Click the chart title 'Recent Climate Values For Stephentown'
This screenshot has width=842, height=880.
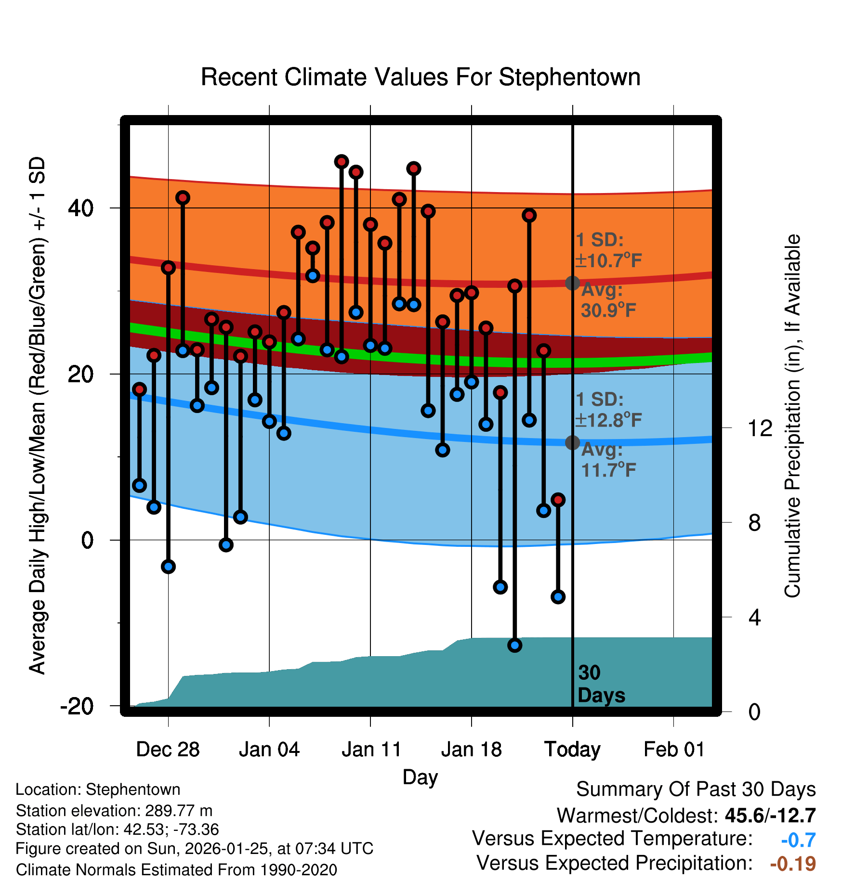pyautogui.click(x=421, y=77)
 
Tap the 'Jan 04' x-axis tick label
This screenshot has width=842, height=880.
pyautogui.click(x=269, y=750)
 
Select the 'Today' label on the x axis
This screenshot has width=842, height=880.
pyautogui.click(x=572, y=750)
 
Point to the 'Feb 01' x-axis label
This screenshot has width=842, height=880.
pyautogui.click(x=674, y=750)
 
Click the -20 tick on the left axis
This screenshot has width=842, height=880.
pyautogui.click(x=77, y=706)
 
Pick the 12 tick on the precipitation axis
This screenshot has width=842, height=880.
pyautogui.click(x=760, y=428)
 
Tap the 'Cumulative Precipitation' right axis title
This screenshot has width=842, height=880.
pyautogui.click(x=792, y=416)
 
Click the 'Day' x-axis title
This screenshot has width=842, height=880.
pyautogui.click(x=420, y=776)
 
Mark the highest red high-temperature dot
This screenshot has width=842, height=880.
pyautogui.click(x=342, y=162)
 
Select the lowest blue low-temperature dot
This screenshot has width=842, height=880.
pyautogui.click(x=515, y=645)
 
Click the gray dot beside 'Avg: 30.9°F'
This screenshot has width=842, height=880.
pyautogui.click(x=572, y=283)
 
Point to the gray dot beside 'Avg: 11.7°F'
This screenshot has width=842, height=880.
pyautogui.click(x=572, y=442)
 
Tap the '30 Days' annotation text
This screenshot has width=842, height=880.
pyautogui.click(x=601, y=684)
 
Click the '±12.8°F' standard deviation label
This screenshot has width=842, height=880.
pyautogui.click(x=609, y=420)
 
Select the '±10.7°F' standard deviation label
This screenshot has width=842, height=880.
pyautogui.click(x=609, y=261)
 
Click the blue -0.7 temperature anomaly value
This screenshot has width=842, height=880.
pyautogui.click(x=798, y=840)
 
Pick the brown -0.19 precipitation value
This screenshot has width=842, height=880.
pyautogui.click(x=793, y=864)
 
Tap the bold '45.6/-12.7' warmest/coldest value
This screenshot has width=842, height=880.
pyautogui.click(x=770, y=815)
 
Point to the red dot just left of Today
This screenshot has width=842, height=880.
pyautogui.click(x=558, y=500)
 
